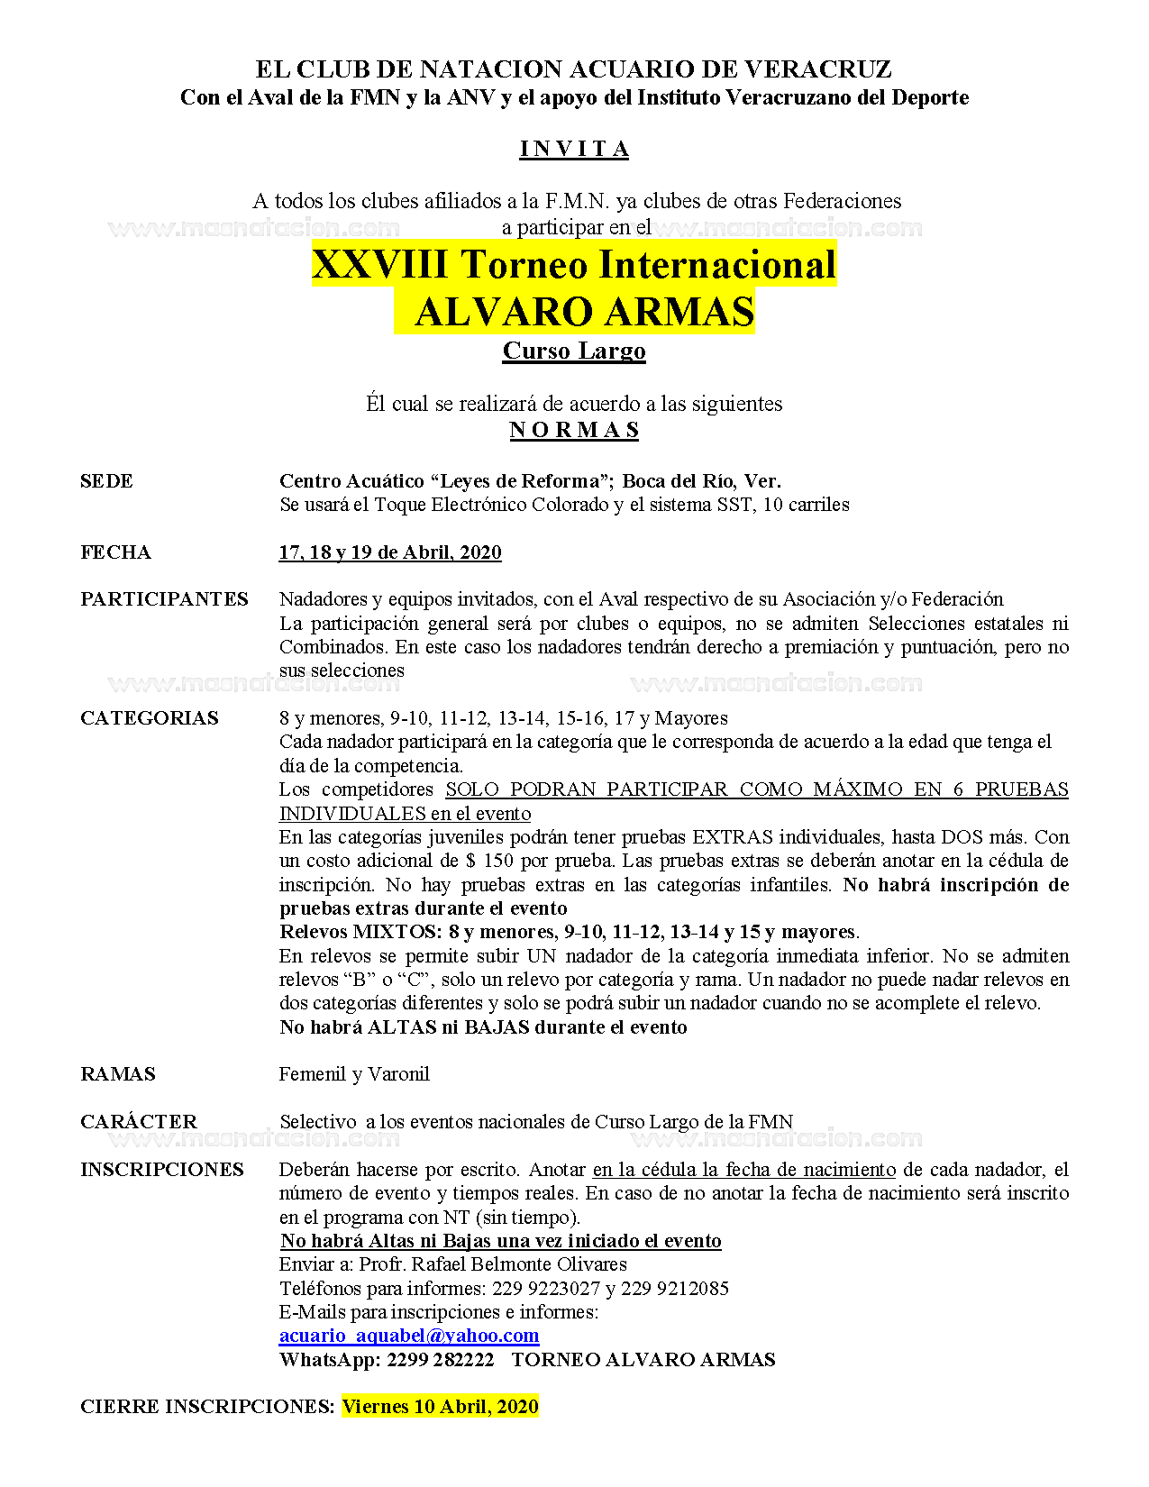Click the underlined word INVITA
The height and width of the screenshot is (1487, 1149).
574,150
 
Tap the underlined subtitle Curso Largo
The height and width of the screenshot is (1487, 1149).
574,351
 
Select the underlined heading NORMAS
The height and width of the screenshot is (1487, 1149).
574,430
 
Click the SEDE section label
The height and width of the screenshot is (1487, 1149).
106,481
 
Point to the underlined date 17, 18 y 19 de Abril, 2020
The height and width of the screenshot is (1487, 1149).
390,552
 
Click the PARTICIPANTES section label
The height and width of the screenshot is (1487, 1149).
164,599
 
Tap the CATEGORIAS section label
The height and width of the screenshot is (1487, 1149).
150,718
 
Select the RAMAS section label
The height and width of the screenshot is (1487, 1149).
118,1074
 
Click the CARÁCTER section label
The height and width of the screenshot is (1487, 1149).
139,1122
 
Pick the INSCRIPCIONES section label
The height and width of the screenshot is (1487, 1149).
162,1170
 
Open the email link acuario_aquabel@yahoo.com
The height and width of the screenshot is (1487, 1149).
409,1336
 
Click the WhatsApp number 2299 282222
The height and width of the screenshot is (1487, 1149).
441,1360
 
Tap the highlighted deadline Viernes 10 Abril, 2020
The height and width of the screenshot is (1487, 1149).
440,1407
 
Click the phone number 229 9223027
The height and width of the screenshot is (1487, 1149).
546,1289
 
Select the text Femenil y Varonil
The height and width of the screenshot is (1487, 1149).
354,1074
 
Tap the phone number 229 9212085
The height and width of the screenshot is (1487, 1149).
675,1289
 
